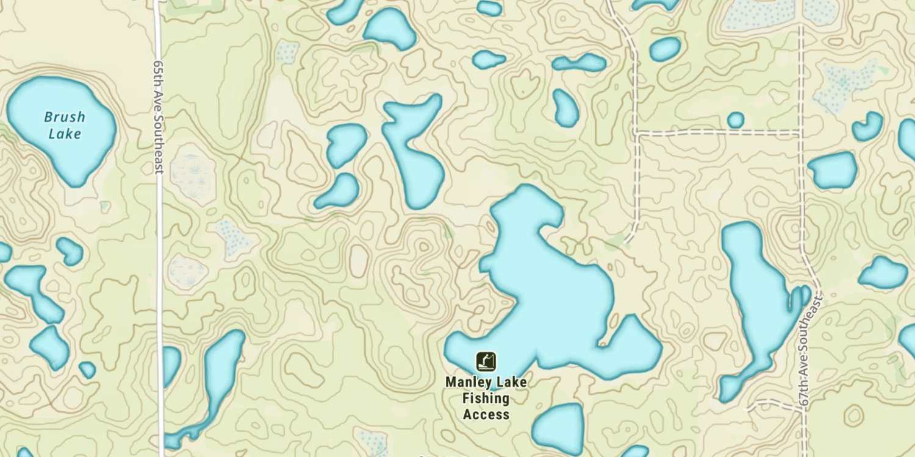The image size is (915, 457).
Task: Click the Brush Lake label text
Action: tap(64, 125)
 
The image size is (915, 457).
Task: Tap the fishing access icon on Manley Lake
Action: tap(486, 361)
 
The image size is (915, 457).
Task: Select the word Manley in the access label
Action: tap(468, 383)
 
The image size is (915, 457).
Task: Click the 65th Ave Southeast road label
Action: tap(159, 116)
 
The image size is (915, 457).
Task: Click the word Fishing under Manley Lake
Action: tap(486, 399)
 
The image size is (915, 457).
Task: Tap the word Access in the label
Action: tap(486, 414)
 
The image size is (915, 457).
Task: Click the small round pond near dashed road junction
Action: tap(736, 120)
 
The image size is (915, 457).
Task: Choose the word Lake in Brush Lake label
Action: tap(64, 133)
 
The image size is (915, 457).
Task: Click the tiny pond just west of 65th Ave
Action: tap(87, 369)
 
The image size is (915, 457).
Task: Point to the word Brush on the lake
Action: tap(65, 117)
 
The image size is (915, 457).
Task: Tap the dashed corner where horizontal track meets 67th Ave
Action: tap(800, 132)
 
